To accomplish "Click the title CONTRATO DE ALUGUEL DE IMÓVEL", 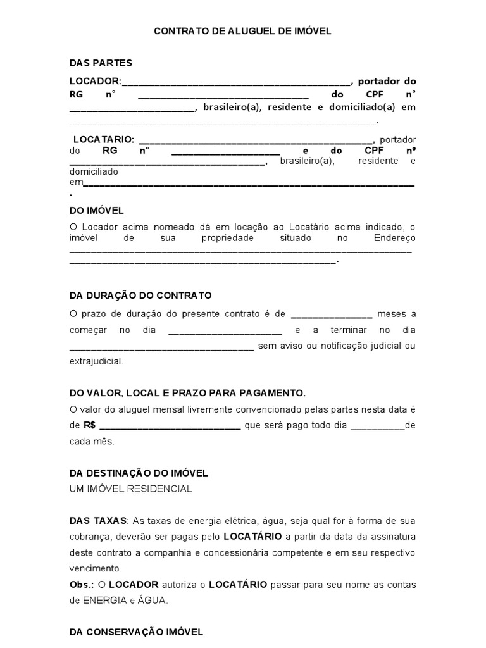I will coord(243,30).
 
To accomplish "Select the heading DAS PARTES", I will coord(101,63).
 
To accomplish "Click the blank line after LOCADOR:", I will coord(235,82).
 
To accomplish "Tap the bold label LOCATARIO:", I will coord(103,139).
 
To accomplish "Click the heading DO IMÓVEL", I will coord(96,210).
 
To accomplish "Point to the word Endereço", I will coord(395,238).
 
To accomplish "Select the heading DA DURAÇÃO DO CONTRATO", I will coord(140,296).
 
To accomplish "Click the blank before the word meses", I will coord(331,315).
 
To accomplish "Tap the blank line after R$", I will coord(170,427).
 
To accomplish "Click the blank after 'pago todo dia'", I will coord(377,427).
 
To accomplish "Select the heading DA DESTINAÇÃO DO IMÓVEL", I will coord(139,473).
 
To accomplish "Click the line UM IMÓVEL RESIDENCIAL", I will coord(130,489).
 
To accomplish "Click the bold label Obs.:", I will coord(80,584).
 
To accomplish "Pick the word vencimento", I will coord(96,568).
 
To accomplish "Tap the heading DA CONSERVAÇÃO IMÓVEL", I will coord(136,632).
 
